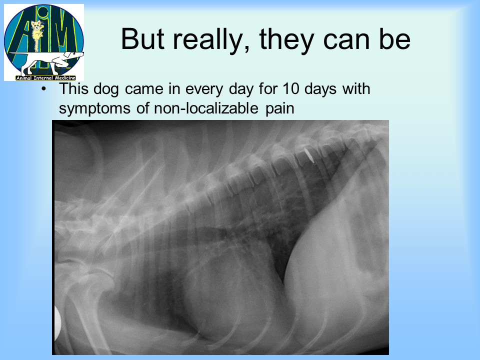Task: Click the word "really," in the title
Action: coord(211,40)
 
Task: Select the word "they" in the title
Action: coord(287,40)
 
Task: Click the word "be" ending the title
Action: coord(395,38)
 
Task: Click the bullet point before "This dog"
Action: coord(44,89)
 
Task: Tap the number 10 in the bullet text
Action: coord(291,89)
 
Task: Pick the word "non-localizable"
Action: coord(206,108)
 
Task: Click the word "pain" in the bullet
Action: coord(280,109)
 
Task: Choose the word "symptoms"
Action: coord(94,109)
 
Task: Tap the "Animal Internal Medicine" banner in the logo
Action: coord(45,78)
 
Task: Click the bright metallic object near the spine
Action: coord(310,154)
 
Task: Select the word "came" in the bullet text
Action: coord(144,89)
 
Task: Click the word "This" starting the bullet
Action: coord(73,89)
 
